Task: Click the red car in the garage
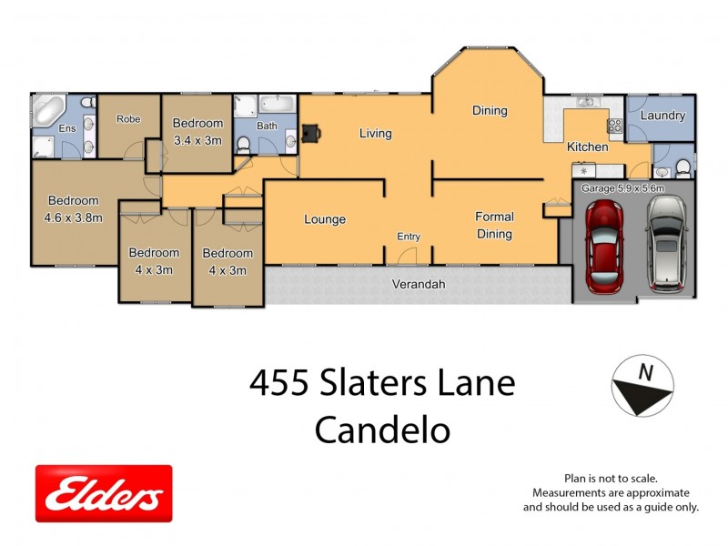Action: [603, 247]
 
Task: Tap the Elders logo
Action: [103, 493]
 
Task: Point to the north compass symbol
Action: [642, 385]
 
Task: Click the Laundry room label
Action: [662, 116]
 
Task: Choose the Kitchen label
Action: [587, 147]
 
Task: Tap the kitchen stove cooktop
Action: [615, 126]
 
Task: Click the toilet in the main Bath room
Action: [244, 144]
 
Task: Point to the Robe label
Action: [127, 118]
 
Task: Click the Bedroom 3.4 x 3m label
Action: [197, 132]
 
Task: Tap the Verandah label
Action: [419, 284]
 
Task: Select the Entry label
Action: [409, 237]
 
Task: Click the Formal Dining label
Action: [494, 225]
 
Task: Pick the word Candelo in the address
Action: [382, 430]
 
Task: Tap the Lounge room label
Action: [325, 219]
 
